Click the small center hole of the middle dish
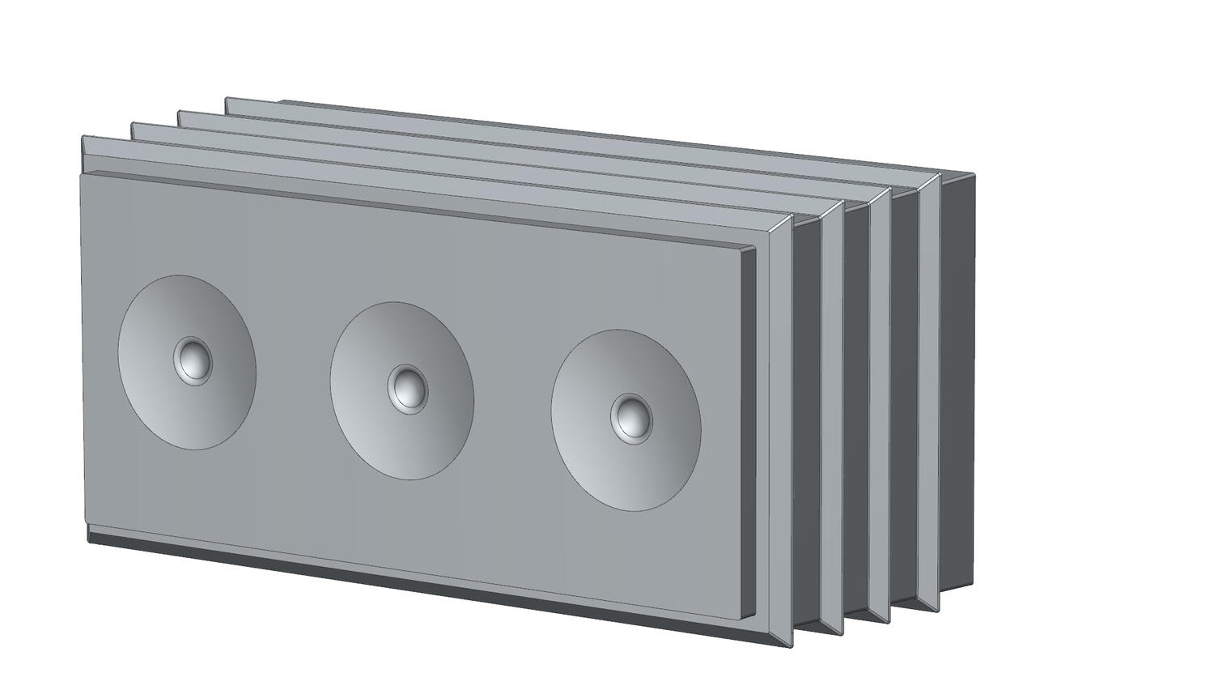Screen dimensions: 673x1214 point(407,388)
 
